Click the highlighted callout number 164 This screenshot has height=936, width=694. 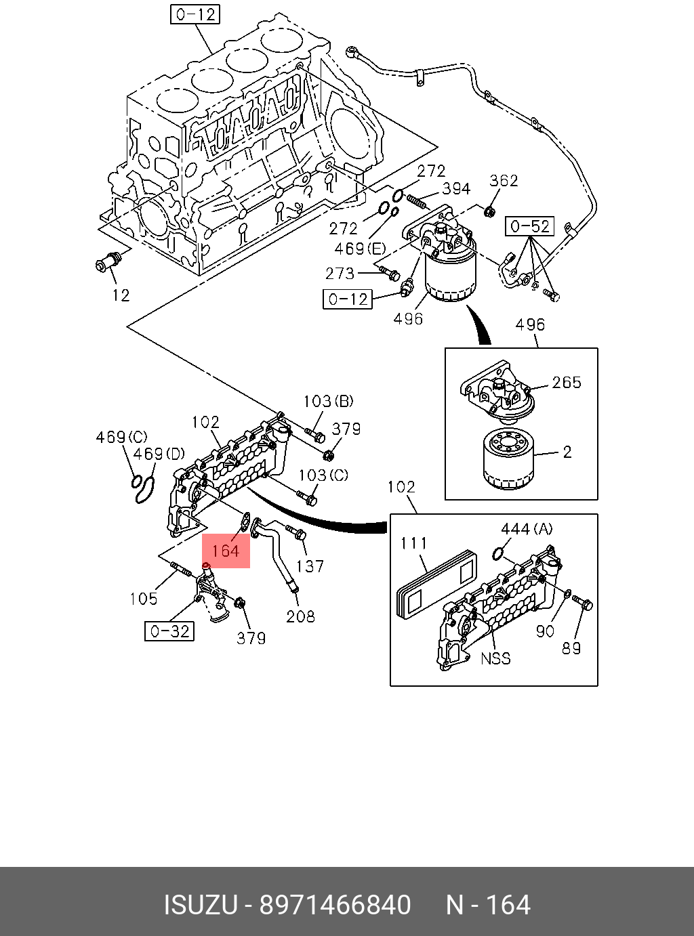click(x=226, y=551)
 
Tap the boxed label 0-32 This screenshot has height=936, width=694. click(x=169, y=631)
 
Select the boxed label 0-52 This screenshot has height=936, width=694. click(x=529, y=226)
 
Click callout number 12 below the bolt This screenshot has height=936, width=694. click(x=121, y=295)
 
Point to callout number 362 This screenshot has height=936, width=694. click(x=504, y=180)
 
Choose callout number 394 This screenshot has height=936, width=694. click(x=456, y=189)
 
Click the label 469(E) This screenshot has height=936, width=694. click(x=359, y=249)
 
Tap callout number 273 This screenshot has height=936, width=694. click(x=340, y=273)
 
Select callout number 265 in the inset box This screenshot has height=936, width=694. click(x=567, y=383)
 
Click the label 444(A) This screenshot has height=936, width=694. click(x=527, y=529)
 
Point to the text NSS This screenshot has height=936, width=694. click(x=495, y=658)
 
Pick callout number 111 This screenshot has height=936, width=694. click(x=413, y=543)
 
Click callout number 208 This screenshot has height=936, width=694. click(x=300, y=616)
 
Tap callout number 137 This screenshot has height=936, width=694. click(x=310, y=566)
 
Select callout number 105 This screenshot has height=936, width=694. click(x=144, y=599)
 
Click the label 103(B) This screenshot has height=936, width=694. click(x=328, y=402)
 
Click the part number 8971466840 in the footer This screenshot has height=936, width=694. click(x=335, y=905)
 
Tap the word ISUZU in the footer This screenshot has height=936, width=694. click(x=201, y=905)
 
